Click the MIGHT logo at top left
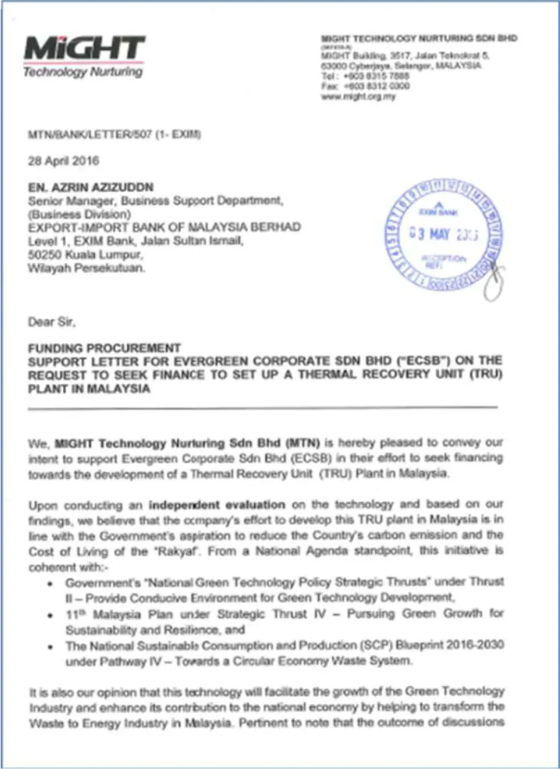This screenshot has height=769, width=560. (x=84, y=48)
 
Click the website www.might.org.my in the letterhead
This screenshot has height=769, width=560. (x=358, y=97)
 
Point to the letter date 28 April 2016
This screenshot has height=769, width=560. (x=64, y=161)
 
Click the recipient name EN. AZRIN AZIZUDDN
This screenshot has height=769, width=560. (x=91, y=187)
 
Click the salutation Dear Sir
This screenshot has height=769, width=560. (x=52, y=322)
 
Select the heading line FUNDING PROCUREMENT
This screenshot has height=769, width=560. (x=105, y=348)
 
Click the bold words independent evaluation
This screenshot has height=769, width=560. (x=217, y=505)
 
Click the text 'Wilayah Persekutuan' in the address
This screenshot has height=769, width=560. (x=86, y=268)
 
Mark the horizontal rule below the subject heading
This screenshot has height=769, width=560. (x=262, y=407)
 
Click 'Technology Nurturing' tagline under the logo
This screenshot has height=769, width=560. (x=83, y=72)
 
